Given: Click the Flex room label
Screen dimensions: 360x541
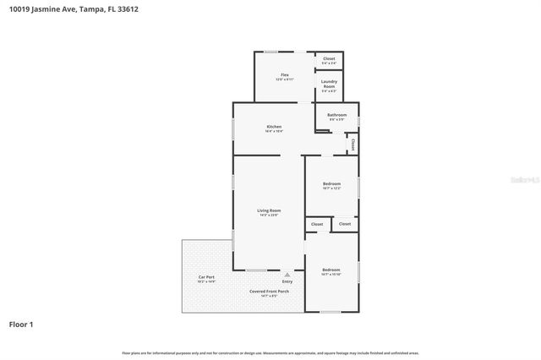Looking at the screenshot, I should (x=285, y=75).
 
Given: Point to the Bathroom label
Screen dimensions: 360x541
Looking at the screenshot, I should (x=336, y=115).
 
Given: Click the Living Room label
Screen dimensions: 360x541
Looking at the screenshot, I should (x=269, y=210).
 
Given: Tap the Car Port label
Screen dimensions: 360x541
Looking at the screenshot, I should (x=206, y=277).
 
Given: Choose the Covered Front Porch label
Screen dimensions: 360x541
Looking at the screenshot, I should (x=269, y=291).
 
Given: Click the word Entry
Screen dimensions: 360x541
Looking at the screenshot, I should (x=287, y=281).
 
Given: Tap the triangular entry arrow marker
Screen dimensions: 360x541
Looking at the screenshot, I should (x=287, y=274).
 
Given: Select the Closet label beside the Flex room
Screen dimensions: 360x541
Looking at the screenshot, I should (x=329, y=58).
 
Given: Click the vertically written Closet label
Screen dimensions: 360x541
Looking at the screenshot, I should (x=352, y=145).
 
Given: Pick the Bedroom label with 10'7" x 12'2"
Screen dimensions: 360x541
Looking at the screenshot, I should (x=331, y=183).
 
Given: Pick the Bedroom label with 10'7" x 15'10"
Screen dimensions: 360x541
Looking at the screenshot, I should (x=331, y=270).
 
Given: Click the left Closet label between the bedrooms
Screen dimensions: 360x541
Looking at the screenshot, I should (x=317, y=224).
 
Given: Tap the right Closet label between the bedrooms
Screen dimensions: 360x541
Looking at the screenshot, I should (x=345, y=224).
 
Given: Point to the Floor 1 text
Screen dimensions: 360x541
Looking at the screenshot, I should (x=21, y=324).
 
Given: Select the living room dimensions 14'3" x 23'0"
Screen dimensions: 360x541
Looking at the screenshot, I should (x=269, y=215).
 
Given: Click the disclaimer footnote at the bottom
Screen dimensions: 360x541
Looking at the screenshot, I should (x=270, y=352).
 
